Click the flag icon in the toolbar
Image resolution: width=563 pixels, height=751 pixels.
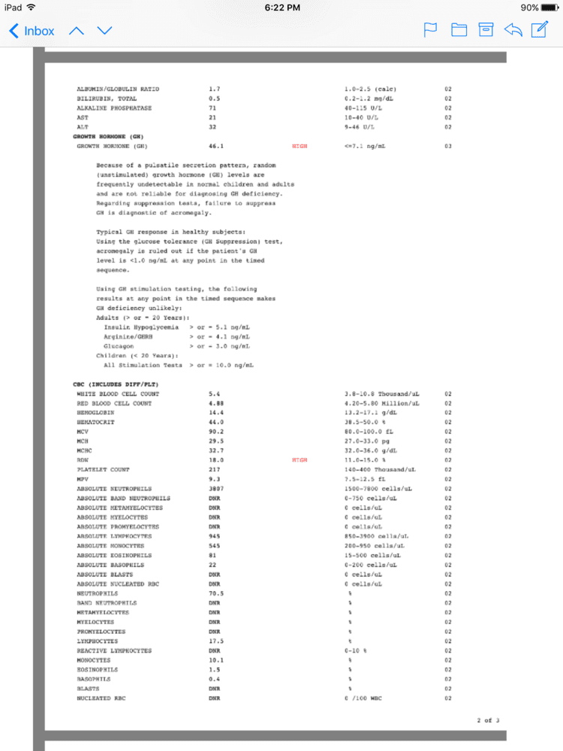[x=431, y=31]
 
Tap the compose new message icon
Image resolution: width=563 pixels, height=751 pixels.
[x=539, y=30]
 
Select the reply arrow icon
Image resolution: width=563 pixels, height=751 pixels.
[x=513, y=31]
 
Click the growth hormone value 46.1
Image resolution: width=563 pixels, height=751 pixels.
[x=215, y=146]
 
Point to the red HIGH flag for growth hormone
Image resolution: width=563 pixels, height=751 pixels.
[x=300, y=146]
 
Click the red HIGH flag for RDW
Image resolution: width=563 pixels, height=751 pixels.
[x=300, y=460]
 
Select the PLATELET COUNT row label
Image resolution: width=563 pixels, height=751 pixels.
[x=103, y=469]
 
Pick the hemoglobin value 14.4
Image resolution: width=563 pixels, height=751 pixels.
[x=215, y=412]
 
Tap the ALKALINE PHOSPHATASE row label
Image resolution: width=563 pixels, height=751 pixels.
[x=114, y=108]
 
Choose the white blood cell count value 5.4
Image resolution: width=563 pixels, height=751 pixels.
[x=214, y=394]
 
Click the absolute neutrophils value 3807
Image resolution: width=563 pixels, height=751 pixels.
[x=215, y=488]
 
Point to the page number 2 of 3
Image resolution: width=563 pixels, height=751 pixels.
[x=488, y=720]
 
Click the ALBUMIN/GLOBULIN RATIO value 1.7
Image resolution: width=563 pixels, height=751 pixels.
[x=214, y=89]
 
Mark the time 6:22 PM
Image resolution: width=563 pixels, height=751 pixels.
[x=282, y=8]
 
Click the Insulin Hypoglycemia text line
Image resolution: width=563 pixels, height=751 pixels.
[x=142, y=327]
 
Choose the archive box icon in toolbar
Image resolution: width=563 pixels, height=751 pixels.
[x=486, y=31]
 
